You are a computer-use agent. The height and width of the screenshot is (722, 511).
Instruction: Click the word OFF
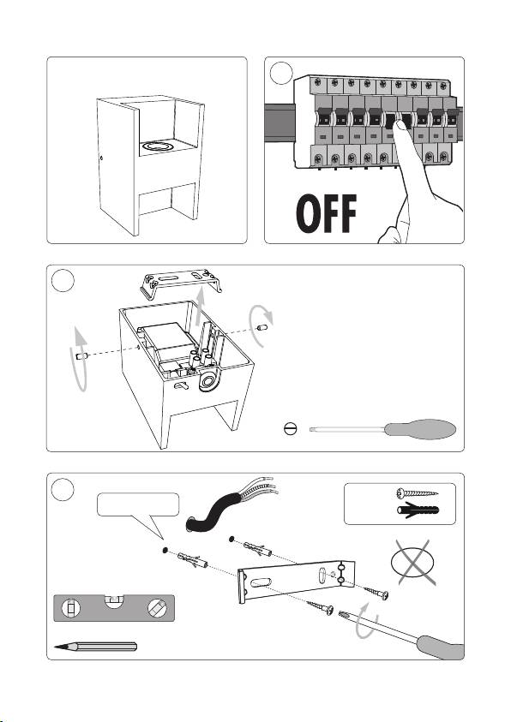coord(326,213)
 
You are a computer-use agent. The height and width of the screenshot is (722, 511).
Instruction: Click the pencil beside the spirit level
coord(95,647)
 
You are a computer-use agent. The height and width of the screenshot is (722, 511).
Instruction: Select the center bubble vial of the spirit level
coord(114,600)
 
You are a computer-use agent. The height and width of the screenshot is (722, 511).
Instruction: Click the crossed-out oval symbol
coord(412,562)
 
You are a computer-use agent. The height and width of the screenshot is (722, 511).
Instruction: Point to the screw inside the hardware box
coord(417,494)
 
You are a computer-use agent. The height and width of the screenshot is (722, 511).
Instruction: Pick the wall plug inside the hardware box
coord(418,510)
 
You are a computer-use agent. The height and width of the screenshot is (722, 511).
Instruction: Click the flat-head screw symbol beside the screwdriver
coord(291,429)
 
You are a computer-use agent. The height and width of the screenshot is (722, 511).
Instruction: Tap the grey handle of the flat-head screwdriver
coord(420,429)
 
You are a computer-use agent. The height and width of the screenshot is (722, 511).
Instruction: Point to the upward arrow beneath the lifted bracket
coord(199,307)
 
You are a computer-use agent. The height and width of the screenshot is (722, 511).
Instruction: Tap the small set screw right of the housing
coord(262,328)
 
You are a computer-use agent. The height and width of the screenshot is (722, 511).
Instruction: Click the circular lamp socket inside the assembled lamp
coord(157,146)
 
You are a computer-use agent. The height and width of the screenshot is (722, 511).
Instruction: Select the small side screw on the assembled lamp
coord(101,158)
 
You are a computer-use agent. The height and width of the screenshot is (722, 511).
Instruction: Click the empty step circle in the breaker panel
coord(280,73)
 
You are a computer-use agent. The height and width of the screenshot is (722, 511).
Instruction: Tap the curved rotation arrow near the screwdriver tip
coord(367,619)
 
